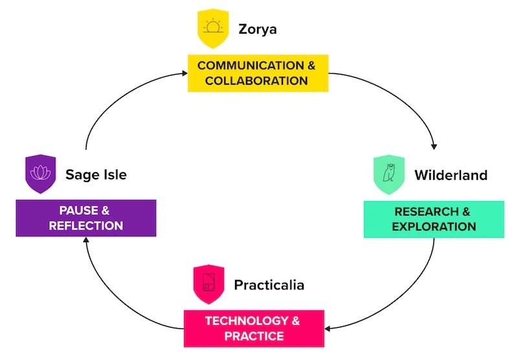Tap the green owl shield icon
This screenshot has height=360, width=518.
click(x=388, y=173)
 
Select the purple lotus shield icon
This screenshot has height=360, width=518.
click(x=41, y=172)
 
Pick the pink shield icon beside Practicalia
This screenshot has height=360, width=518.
click(x=208, y=283)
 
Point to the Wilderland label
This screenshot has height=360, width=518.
click(x=451, y=175)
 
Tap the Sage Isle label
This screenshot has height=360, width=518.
click(x=96, y=174)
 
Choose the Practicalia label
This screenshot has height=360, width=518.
click(x=269, y=285)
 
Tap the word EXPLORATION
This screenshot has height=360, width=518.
click(x=434, y=227)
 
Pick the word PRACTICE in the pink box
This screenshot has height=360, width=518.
click(x=254, y=336)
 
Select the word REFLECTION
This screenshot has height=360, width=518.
click(x=86, y=226)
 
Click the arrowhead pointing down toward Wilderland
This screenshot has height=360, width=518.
click(x=434, y=146)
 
